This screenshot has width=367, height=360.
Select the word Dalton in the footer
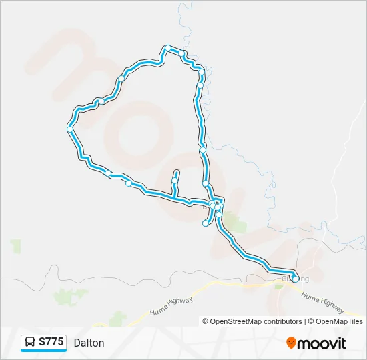click(x=89, y=343)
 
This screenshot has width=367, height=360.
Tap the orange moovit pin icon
click(x=291, y=343)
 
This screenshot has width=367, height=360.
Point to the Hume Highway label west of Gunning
click(x=171, y=305)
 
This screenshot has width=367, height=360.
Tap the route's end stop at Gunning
click(x=295, y=279)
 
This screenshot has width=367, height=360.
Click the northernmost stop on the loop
click(x=168, y=47)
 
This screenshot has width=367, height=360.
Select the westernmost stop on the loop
click(x=70, y=129)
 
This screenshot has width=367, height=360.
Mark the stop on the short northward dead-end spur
click(x=175, y=180)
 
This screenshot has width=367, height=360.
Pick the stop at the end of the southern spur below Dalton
click(x=206, y=223)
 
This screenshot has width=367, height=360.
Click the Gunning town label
click(x=296, y=278)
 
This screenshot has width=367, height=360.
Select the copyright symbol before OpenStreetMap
click(x=206, y=321)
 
